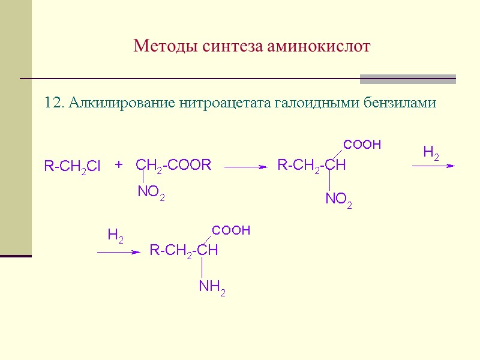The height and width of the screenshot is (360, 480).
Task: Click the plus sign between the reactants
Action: [119, 164]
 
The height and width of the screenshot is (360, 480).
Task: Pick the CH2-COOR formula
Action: [173, 165]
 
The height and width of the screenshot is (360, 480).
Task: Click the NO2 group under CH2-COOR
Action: [151, 193]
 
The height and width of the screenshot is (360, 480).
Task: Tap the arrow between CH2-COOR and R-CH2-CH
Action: [245, 168]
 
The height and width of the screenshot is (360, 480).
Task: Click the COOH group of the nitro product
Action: [362, 145]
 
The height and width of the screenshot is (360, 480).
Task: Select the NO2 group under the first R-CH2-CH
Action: [338, 200]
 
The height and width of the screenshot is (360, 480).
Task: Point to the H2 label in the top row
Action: [431, 154]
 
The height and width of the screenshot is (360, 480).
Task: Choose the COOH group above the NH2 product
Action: [231, 230]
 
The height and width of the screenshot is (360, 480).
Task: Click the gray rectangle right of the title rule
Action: [407, 79]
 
